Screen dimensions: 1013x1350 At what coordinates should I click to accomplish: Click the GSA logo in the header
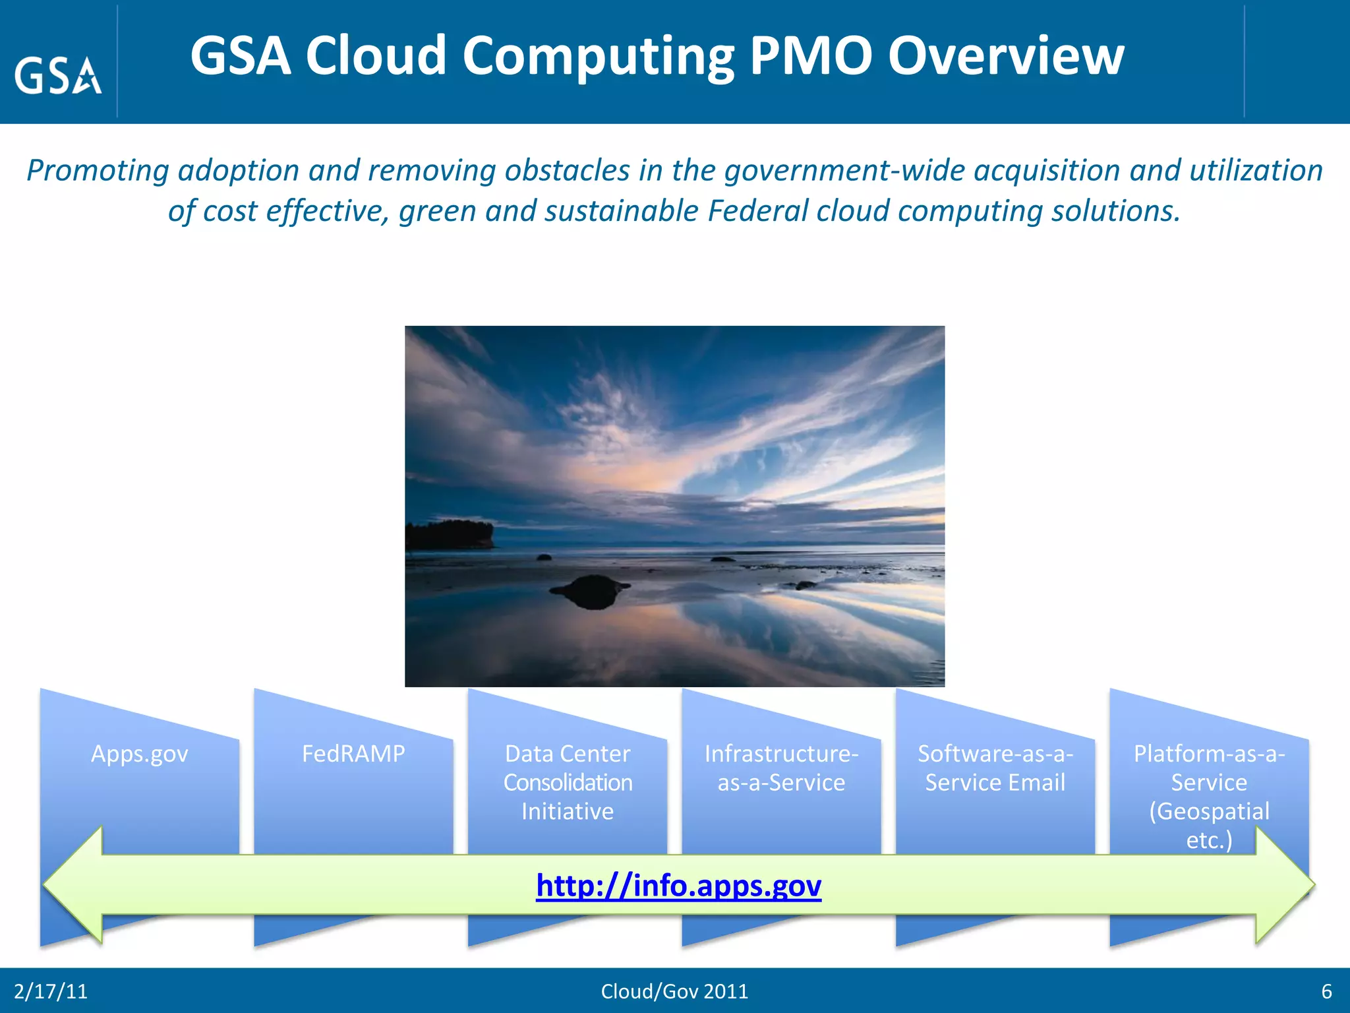(x=58, y=75)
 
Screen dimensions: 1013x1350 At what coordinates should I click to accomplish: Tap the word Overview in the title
(x=1006, y=55)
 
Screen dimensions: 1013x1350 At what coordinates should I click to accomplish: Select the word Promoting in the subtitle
(x=98, y=170)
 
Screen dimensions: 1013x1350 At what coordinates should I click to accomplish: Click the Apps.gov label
(x=140, y=753)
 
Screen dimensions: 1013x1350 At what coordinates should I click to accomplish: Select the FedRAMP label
(x=353, y=753)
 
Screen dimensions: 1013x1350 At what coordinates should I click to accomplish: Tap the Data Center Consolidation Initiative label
(x=568, y=782)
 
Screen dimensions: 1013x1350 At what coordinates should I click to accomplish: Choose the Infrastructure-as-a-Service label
(x=781, y=768)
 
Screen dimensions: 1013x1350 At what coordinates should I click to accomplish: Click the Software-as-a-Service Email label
(x=995, y=768)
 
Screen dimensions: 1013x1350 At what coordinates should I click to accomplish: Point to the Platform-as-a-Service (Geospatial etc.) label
(x=1209, y=796)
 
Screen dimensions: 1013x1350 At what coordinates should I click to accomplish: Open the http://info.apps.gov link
(x=678, y=885)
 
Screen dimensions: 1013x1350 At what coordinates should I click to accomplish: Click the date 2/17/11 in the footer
(x=51, y=991)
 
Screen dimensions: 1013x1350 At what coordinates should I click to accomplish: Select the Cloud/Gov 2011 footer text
(x=674, y=991)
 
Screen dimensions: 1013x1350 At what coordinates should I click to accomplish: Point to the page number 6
(x=1326, y=991)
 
